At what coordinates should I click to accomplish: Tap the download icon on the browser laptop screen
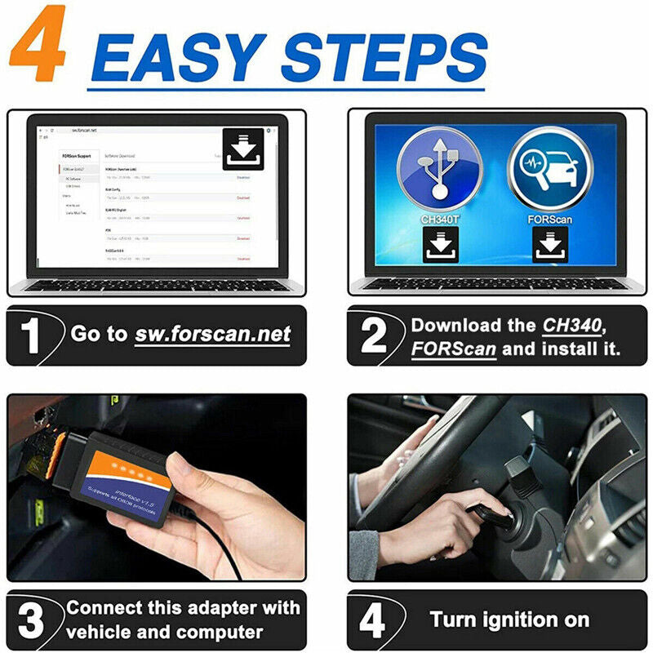pyautogui.click(x=243, y=149)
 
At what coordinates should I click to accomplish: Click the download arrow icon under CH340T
pyautogui.click(x=439, y=244)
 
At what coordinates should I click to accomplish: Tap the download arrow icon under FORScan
pyautogui.click(x=550, y=244)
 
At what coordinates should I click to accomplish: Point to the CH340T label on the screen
pyautogui.click(x=439, y=220)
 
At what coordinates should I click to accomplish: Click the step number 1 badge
pyautogui.click(x=32, y=335)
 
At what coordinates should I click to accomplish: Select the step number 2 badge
pyautogui.click(x=373, y=335)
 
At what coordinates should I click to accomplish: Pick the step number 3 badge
pyautogui.click(x=32, y=620)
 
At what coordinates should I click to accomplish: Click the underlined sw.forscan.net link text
pyautogui.click(x=213, y=334)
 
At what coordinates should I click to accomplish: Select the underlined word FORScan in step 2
pyautogui.click(x=452, y=349)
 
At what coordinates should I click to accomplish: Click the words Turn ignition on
pyautogui.click(x=509, y=620)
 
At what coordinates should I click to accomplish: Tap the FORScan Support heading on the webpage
pyautogui.click(x=78, y=155)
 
